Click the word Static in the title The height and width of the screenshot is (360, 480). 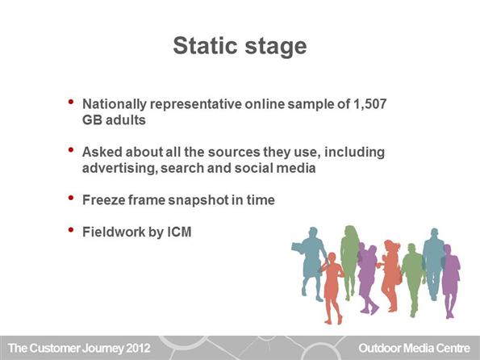tap(205, 46)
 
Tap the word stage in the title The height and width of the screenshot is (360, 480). tap(276, 48)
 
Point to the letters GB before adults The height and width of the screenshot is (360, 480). tap(92, 119)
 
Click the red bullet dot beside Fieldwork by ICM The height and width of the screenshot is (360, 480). tap(71, 229)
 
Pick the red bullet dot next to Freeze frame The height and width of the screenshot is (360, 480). tap(71, 198)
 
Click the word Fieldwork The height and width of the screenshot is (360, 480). tap(114, 232)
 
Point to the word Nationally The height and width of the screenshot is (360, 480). tap(115, 104)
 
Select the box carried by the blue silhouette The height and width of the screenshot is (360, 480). tap(298, 248)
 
